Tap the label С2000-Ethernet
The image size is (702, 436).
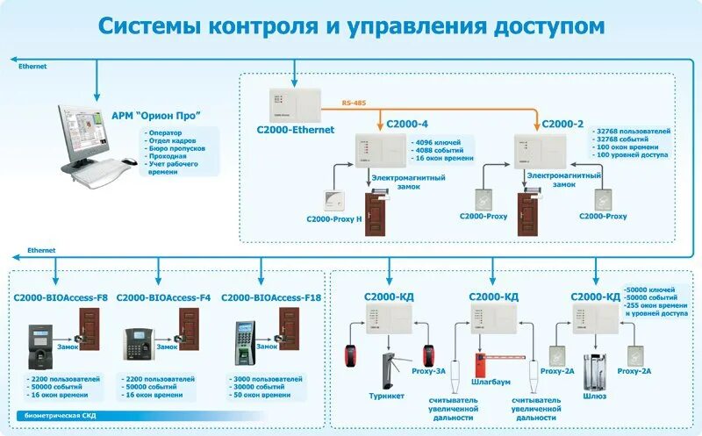pos(296,129)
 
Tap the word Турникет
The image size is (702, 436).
pos(388,395)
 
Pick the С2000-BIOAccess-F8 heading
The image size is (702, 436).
pos(61,297)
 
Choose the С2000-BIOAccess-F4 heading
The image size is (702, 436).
pos(163,297)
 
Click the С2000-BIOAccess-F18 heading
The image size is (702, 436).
pos(269,297)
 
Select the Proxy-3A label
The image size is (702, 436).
pos(429,371)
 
